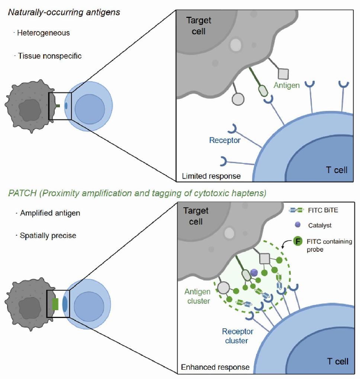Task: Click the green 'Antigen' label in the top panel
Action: click(x=286, y=86)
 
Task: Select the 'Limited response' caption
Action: click(x=211, y=176)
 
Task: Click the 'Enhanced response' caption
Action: click(x=215, y=367)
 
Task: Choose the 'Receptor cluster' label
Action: click(x=238, y=335)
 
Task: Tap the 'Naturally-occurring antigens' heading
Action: click(x=64, y=12)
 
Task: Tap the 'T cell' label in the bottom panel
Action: click(x=337, y=361)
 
